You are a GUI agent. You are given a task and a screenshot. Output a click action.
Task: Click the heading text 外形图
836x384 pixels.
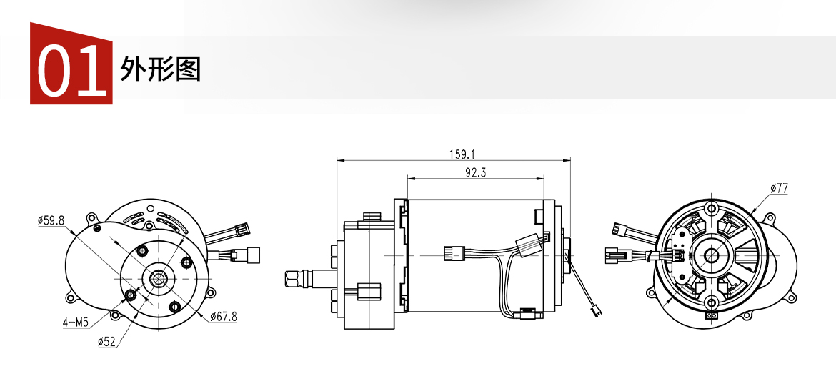(x=161, y=69)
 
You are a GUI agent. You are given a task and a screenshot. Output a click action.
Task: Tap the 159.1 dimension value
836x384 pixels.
(x=461, y=154)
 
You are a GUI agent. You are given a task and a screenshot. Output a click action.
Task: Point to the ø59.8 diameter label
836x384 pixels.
(x=51, y=220)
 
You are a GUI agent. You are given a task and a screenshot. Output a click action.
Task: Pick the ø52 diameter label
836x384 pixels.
(x=107, y=342)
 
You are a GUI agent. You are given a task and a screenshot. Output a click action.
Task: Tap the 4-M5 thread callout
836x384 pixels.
(x=75, y=322)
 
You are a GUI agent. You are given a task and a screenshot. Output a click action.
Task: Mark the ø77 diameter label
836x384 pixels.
(x=779, y=188)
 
